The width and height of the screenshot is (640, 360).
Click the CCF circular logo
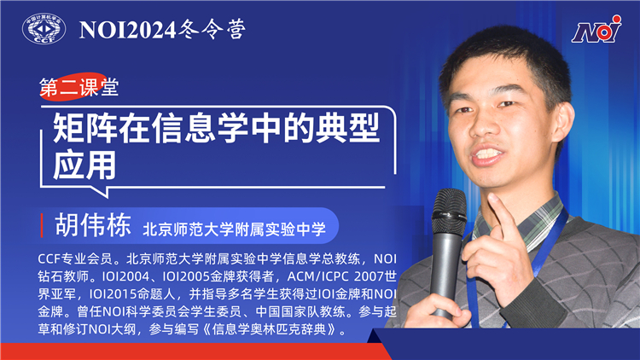(44, 29)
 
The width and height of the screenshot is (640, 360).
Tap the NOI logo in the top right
(596, 32)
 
